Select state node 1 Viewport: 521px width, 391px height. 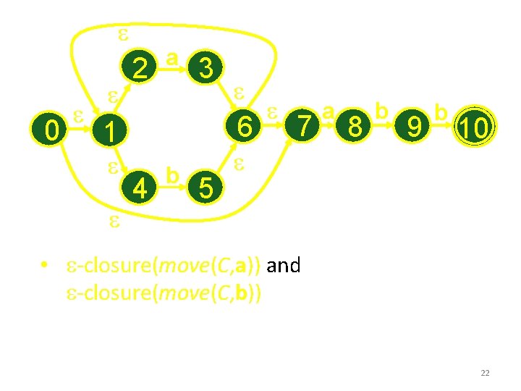(108, 132)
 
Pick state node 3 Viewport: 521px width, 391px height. (206, 69)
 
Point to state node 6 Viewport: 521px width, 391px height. (245, 127)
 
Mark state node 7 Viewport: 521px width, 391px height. (307, 127)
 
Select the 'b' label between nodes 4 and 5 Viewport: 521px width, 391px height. (172, 176)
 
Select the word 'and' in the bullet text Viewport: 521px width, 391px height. (284, 266)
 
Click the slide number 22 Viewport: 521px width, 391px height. (485, 373)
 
